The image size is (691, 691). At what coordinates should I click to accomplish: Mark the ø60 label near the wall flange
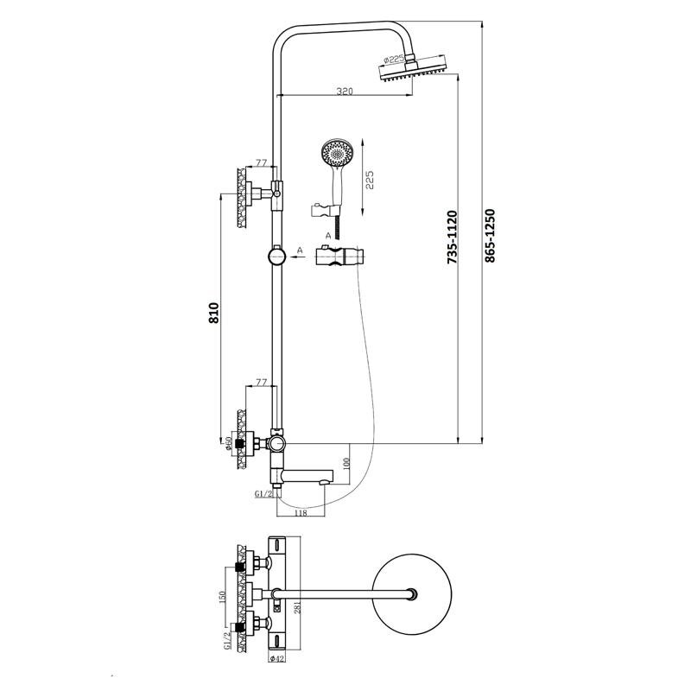click(228, 446)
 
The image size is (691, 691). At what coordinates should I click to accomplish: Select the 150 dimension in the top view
click(222, 599)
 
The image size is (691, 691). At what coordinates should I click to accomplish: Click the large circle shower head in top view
click(415, 593)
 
